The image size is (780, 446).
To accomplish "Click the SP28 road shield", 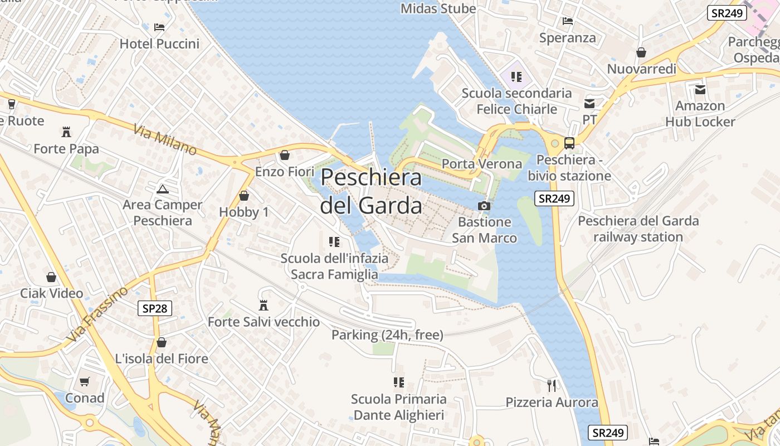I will click(x=154, y=308).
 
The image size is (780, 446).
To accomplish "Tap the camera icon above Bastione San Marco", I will click(x=484, y=206).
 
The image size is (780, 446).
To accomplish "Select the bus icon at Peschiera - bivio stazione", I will click(x=569, y=143).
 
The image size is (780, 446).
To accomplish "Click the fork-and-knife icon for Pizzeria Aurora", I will click(x=552, y=385).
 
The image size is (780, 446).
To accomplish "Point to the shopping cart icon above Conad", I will click(x=85, y=382).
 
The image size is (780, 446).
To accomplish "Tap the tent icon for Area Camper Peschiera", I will click(x=162, y=189).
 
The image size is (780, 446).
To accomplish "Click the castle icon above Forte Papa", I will click(x=66, y=132).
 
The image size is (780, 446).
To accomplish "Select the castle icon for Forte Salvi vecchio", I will click(x=264, y=306).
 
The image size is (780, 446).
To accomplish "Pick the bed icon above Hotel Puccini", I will click(x=159, y=27).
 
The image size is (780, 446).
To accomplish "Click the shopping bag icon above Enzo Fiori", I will click(x=285, y=155).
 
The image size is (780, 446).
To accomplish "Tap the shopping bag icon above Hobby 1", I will click(x=243, y=196).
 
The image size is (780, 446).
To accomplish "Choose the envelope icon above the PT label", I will click(x=589, y=103).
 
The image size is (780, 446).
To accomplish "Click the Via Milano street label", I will click(x=165, y=140).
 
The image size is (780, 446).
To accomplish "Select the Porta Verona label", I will click(x=481, y=164).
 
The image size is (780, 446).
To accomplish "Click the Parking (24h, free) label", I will click(x=387, y=335).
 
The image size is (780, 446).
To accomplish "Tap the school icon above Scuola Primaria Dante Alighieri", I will click(x=398, y=382).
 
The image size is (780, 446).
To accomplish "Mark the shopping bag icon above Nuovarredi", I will click(x=641, y=52).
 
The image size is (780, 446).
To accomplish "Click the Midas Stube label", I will click(x=438, y=8).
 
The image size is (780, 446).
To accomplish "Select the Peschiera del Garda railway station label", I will click(x=638, y=229).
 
